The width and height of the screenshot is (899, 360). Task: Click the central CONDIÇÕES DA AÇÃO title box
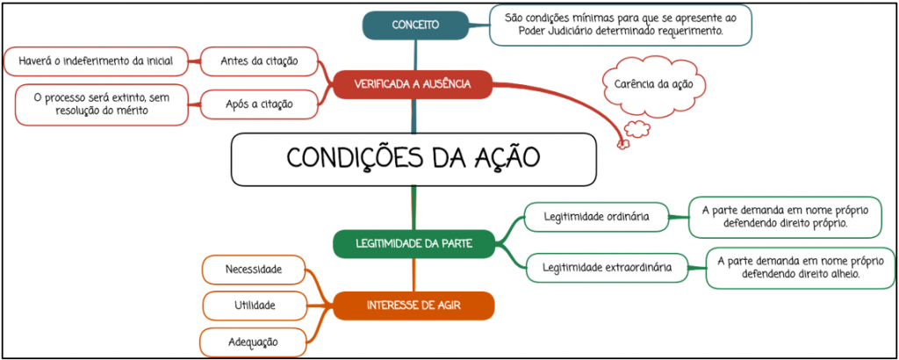414,159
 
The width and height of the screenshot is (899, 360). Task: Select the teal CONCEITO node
415,25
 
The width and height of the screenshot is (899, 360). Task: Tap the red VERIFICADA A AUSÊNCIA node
413,84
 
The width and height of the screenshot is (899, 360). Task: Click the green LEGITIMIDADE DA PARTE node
414,243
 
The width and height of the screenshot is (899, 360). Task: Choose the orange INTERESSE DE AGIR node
414,306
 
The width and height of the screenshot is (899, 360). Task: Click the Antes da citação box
259,61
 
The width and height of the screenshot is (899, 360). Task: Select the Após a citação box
259,104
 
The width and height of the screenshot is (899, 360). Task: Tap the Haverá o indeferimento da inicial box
96,61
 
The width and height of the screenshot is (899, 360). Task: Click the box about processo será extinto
102,104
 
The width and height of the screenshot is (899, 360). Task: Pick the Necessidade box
254,270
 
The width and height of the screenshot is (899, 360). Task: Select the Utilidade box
254,306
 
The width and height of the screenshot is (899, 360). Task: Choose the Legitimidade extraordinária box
607,267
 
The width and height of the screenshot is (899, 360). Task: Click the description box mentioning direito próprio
785,217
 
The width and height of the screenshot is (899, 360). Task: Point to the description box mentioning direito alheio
801,268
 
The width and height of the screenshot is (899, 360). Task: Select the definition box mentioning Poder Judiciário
621,25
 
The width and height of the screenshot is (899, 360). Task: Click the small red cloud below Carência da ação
637,130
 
